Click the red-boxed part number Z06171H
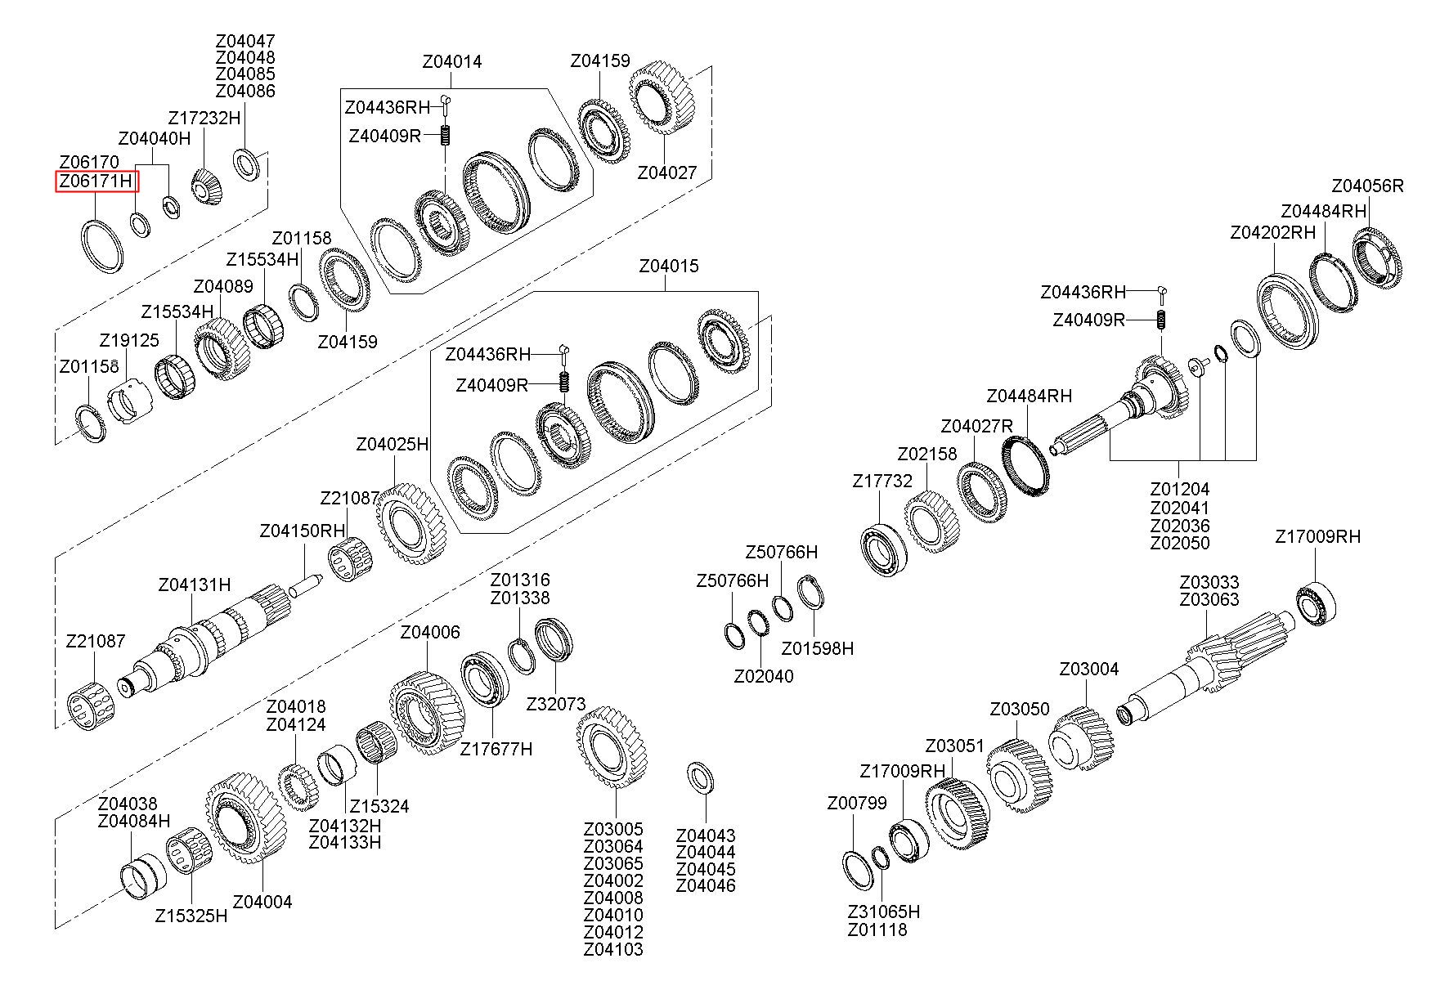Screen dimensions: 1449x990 [96, 181]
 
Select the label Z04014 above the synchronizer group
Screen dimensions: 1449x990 [452, 62]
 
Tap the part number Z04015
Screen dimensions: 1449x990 [669, 267]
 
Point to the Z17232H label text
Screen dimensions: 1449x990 [204, 118]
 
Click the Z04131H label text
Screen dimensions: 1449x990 [195, 585]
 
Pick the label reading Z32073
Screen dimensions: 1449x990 [556, 704]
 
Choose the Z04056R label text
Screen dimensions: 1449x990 [1367, 186]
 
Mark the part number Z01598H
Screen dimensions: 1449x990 [817, 648]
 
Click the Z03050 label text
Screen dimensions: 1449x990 [1020, 709]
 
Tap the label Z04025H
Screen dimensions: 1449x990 [393, 445]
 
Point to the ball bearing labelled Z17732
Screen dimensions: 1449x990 [884, 545]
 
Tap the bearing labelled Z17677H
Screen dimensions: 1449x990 [485, 680]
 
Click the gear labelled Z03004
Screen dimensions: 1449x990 [1082, 739]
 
